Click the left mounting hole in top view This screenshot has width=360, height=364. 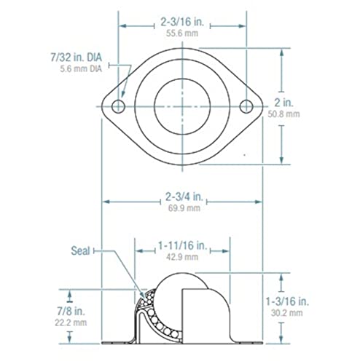(117, 108)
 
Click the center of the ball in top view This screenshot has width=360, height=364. (180, 108)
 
